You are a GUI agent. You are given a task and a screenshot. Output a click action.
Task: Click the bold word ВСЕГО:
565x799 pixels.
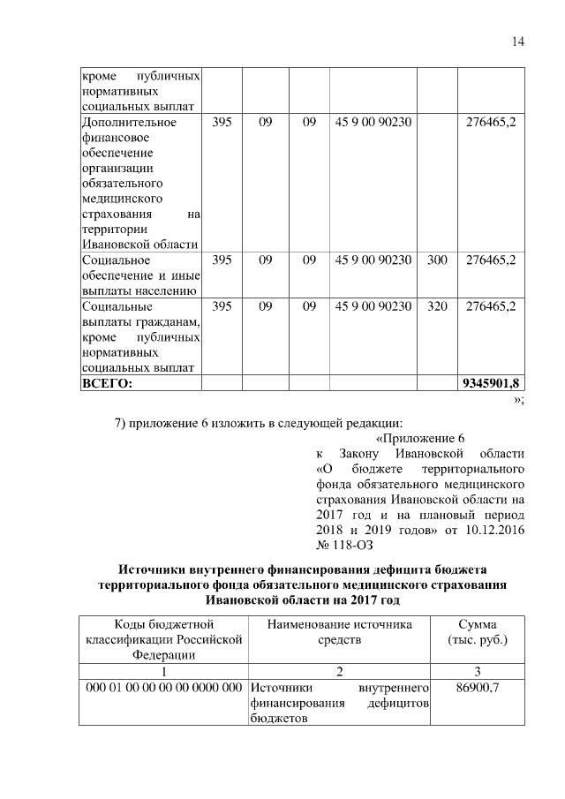(x=107, y=383)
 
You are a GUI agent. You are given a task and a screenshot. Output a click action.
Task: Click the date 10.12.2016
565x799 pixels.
(x=494, y=529)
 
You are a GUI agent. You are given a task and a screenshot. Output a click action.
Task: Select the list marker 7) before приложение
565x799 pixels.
(x=123, y=420)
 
